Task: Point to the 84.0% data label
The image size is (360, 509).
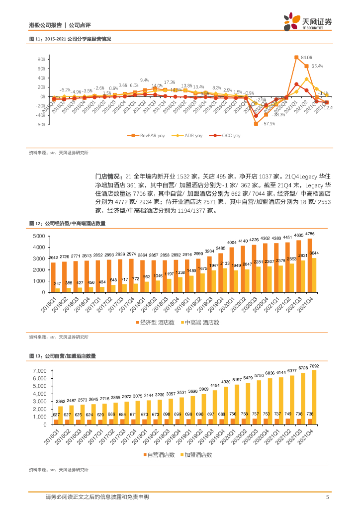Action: click(306, 57)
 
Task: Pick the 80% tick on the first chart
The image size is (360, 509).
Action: click(41, 59)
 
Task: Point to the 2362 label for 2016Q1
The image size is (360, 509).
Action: click(60, 402)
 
